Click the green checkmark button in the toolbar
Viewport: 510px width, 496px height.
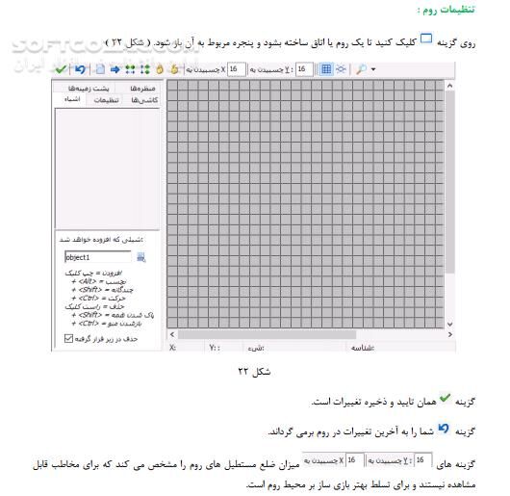[61, 70]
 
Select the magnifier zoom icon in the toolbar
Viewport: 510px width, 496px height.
[360, 70]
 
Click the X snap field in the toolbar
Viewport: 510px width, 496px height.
[233, 70]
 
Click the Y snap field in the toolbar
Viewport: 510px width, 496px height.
[302, 70]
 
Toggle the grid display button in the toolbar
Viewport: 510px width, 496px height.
[326, 70]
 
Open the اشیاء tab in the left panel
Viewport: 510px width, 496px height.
[72, 99]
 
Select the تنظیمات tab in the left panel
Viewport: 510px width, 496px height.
[106, 99]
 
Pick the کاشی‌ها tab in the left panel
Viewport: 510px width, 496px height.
[143, 99]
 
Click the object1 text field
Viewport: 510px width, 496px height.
[97, 257]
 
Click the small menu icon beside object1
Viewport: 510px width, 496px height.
[141, 257]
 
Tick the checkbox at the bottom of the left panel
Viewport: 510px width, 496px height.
[67, 338]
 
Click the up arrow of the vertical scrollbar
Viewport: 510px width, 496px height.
[448, 87]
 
